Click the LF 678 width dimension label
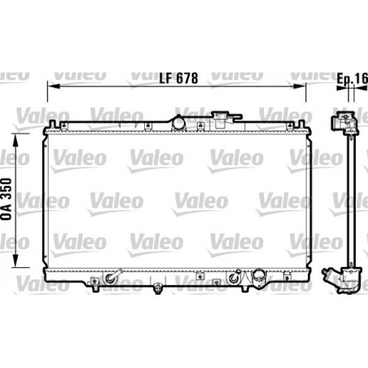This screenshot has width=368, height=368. point(177,79)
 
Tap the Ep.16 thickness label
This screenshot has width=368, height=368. point(353,79)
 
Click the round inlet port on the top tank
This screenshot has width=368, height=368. point(179,122)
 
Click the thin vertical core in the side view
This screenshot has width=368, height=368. point(349,204)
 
